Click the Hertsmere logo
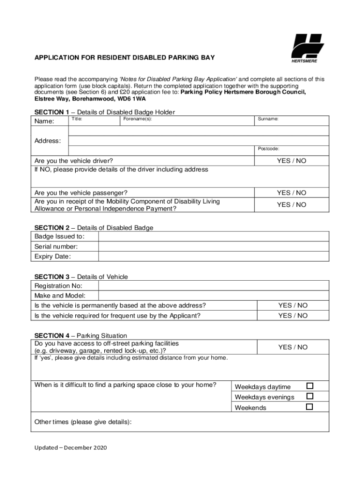click(x=308, y=48)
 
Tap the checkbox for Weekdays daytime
click(x=310, y=386)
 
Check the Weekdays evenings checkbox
click(x=310, y=396)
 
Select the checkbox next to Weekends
click(x=310, y=407)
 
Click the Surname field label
click(x=268, y=119)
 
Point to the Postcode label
click(x=268, y=149)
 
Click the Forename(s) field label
click(x=137, y=119)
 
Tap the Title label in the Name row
click(x=77, y=119)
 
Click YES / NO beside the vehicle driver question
click(x=291, y=161)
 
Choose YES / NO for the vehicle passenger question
click(x=291, y=193)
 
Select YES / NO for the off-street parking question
click(x=293, y=347)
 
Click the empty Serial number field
click(x=213, y=247)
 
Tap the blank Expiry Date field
click(x=213, y=256)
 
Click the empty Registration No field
click(x=213, y=286)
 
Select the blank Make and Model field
click(x=213, y=296)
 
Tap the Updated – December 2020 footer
click(x=71, y=448)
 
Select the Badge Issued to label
click(x=59, y=237)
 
